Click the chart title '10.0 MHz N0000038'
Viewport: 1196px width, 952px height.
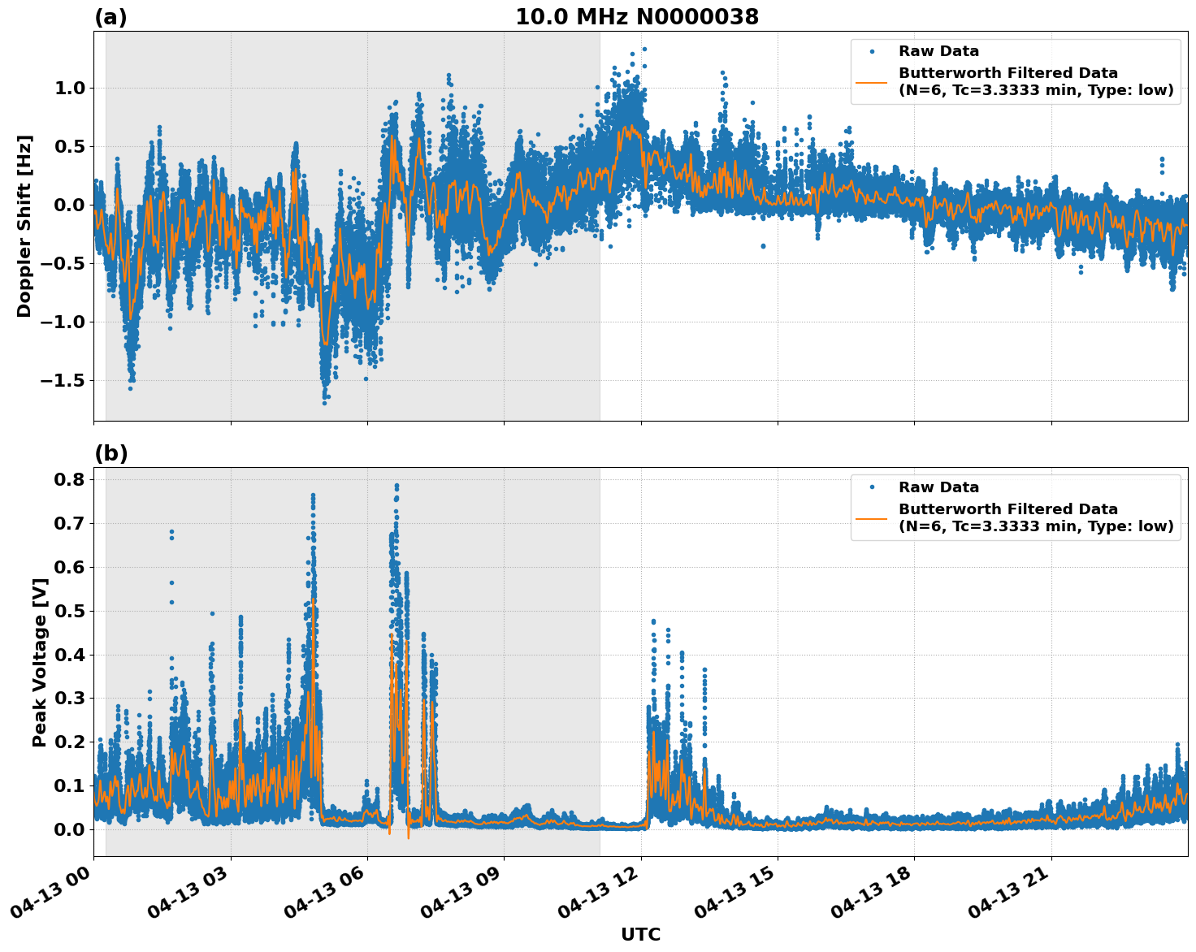point(636,17)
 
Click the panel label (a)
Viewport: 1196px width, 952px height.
point(110,17)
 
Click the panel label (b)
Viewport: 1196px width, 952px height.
point(110,453)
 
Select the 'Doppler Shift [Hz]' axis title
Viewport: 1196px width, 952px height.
point(24,226)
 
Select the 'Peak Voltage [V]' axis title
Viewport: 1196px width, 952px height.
point(39,662)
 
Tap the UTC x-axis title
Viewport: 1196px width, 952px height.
point(640,934)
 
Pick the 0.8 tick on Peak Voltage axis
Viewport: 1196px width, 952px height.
point(69,479)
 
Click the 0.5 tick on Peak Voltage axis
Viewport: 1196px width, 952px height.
point(69,611)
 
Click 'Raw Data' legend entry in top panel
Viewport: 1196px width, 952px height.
point(938,51)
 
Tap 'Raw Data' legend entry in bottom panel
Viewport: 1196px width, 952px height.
point(938,487)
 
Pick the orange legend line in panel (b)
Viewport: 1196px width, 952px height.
point(872,517)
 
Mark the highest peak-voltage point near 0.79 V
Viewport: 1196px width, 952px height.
point(396,486)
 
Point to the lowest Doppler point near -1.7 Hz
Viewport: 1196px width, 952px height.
point(324,402)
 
